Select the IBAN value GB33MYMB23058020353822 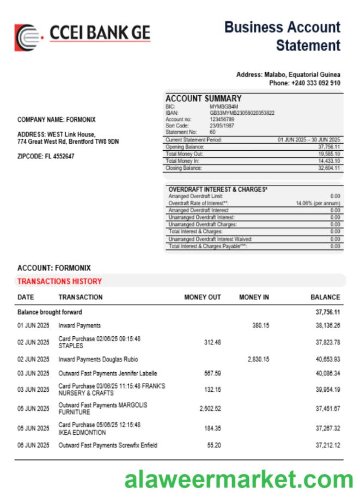[x=242, y=113]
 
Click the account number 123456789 [x=222, y=119]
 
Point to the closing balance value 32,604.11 [x=329, y=169]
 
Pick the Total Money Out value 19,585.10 [x=329, y=154]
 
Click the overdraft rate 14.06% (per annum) [x=318, y=203]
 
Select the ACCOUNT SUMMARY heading [x=203, y=98]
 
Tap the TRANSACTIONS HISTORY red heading [x=59, y=281]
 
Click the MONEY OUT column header [x=203, y=297]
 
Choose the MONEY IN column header [x=254, y=297]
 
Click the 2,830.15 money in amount [x=258, y=359]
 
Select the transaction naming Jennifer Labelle [x=108, y=373]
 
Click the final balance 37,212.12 [x=328, y=445]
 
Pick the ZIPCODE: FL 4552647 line [x=46, y=156]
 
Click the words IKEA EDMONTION [x=83, y=432]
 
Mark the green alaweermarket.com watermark [x=239, y=480]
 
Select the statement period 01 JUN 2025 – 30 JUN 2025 [x=308, y=140]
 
